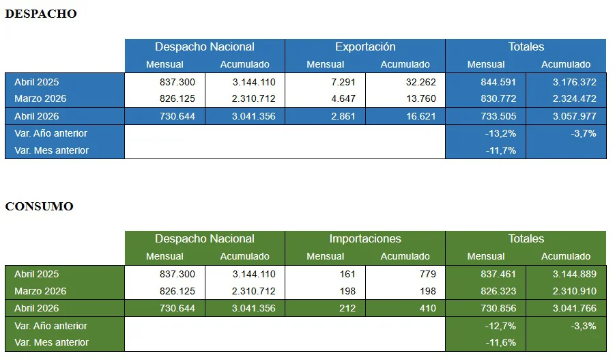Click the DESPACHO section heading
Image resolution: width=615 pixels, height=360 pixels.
coord(41,14)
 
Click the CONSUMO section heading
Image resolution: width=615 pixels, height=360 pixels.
coord(39,206)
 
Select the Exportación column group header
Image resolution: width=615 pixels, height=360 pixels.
coord(365,46)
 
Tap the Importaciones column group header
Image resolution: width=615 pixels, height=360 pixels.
coord(365,238)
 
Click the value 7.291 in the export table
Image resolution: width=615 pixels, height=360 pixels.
coord(343,82)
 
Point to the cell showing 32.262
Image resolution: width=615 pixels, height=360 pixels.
coord(421,82)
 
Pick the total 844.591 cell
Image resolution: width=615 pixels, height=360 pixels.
coord(498,82)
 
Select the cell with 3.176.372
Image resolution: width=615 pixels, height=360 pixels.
coord(575,82)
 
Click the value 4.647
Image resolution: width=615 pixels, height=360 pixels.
coord(343,98)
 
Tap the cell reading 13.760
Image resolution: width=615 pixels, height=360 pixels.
coord(421,98)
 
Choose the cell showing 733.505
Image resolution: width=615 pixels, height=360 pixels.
coord(498,116)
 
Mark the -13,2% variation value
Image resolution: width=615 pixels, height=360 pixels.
coord(500,133)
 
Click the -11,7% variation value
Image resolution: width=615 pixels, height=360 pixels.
coord(501,150)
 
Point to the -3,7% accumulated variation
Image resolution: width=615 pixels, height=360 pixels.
coord(584,133)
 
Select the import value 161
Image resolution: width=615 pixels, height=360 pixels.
coord(347,274)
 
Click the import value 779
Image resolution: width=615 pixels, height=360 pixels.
coord(428,274)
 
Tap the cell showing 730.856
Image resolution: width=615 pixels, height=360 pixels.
coord(498,308)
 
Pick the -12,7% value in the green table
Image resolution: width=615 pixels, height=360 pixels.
coord(500,326)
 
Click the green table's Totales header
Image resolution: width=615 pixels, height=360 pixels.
coord(526,238)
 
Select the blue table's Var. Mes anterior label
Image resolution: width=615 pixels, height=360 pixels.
coord(51,150)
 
